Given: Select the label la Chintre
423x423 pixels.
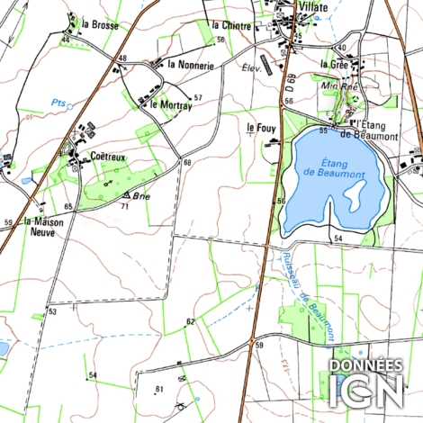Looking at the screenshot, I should [229, 25].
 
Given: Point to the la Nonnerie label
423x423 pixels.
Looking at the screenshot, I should [191, 65].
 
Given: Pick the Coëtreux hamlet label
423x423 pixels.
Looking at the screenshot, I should [108, 156].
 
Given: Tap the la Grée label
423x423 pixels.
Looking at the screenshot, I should [334, 64].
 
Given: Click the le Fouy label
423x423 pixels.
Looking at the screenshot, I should [261, 129].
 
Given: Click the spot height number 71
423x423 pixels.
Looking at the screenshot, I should [125, 206].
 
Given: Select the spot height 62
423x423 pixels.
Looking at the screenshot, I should [190, 321].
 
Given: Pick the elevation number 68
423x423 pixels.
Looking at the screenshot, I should [187, 162].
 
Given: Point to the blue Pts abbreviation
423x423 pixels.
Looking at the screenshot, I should [59, 102].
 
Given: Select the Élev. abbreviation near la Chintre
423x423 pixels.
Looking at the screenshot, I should [250, 67].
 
